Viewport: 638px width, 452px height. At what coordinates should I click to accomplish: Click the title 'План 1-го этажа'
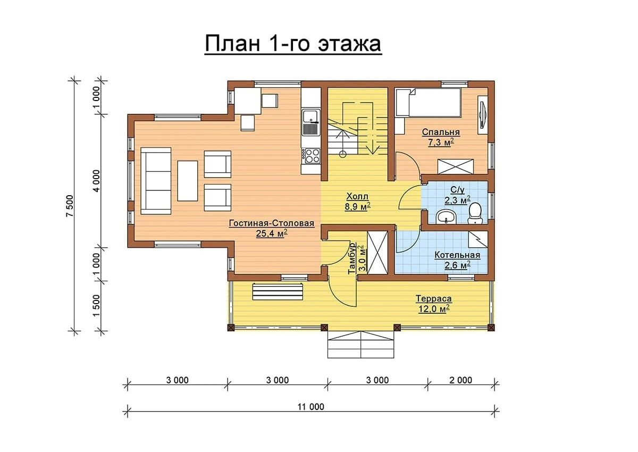tap(293, 44)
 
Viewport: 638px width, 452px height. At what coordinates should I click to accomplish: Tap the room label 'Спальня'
tap(441, 132)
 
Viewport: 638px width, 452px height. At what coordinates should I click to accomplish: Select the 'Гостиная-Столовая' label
tap(272, 223)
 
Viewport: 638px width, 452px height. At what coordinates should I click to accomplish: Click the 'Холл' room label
tap(357, 197)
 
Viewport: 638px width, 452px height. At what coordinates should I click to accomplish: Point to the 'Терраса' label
tap(434, 299)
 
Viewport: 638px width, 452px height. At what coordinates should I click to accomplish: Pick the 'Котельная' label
tap(457, 255)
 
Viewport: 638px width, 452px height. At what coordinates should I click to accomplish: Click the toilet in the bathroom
tap(475, 213)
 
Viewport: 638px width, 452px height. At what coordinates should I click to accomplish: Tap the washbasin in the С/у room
tap(446, 217)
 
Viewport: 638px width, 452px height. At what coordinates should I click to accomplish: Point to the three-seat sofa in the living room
tap(156, 181)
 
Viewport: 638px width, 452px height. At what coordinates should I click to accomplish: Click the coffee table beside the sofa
tap(187, 181)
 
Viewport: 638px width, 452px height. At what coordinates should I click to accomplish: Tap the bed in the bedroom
tap(429, 103)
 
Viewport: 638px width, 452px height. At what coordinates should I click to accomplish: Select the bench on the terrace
tap(278, 291)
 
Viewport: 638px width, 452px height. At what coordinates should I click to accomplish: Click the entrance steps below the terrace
tap(361, 345)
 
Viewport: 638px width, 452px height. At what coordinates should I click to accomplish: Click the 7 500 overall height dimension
tap(70, 206)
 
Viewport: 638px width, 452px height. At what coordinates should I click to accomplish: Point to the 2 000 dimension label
tap(460, 380)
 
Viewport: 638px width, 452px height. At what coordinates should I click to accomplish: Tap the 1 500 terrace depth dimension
tap(97, 305)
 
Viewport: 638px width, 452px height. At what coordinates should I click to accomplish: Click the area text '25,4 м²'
tap(272, 233)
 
